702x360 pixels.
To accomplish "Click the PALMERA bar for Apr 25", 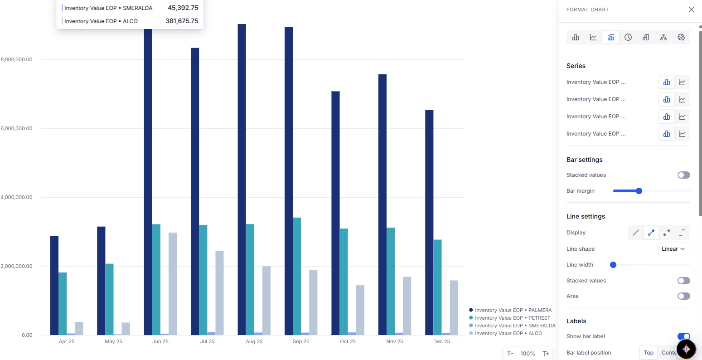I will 54,286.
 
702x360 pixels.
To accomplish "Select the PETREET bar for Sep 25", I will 297,277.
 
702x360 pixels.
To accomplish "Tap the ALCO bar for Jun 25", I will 173,284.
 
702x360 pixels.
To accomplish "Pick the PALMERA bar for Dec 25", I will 429,222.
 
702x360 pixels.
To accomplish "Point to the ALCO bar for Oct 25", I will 360,310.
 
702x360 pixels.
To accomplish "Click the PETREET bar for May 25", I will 109,299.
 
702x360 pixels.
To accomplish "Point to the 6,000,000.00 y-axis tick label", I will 17,128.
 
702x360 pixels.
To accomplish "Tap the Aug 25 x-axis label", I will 254,341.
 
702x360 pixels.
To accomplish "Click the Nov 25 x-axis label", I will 395,341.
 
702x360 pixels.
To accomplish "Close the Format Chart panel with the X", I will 691,10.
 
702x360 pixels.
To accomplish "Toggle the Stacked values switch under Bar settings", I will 683,175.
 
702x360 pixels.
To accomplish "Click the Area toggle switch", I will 683,296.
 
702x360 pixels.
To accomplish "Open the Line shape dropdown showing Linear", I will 673,249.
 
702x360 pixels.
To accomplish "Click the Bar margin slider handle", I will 639,191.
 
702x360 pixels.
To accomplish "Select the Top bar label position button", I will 649,353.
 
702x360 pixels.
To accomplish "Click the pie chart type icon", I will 628,37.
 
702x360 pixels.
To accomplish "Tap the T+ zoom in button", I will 546,354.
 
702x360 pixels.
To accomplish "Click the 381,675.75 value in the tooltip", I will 182,21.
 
